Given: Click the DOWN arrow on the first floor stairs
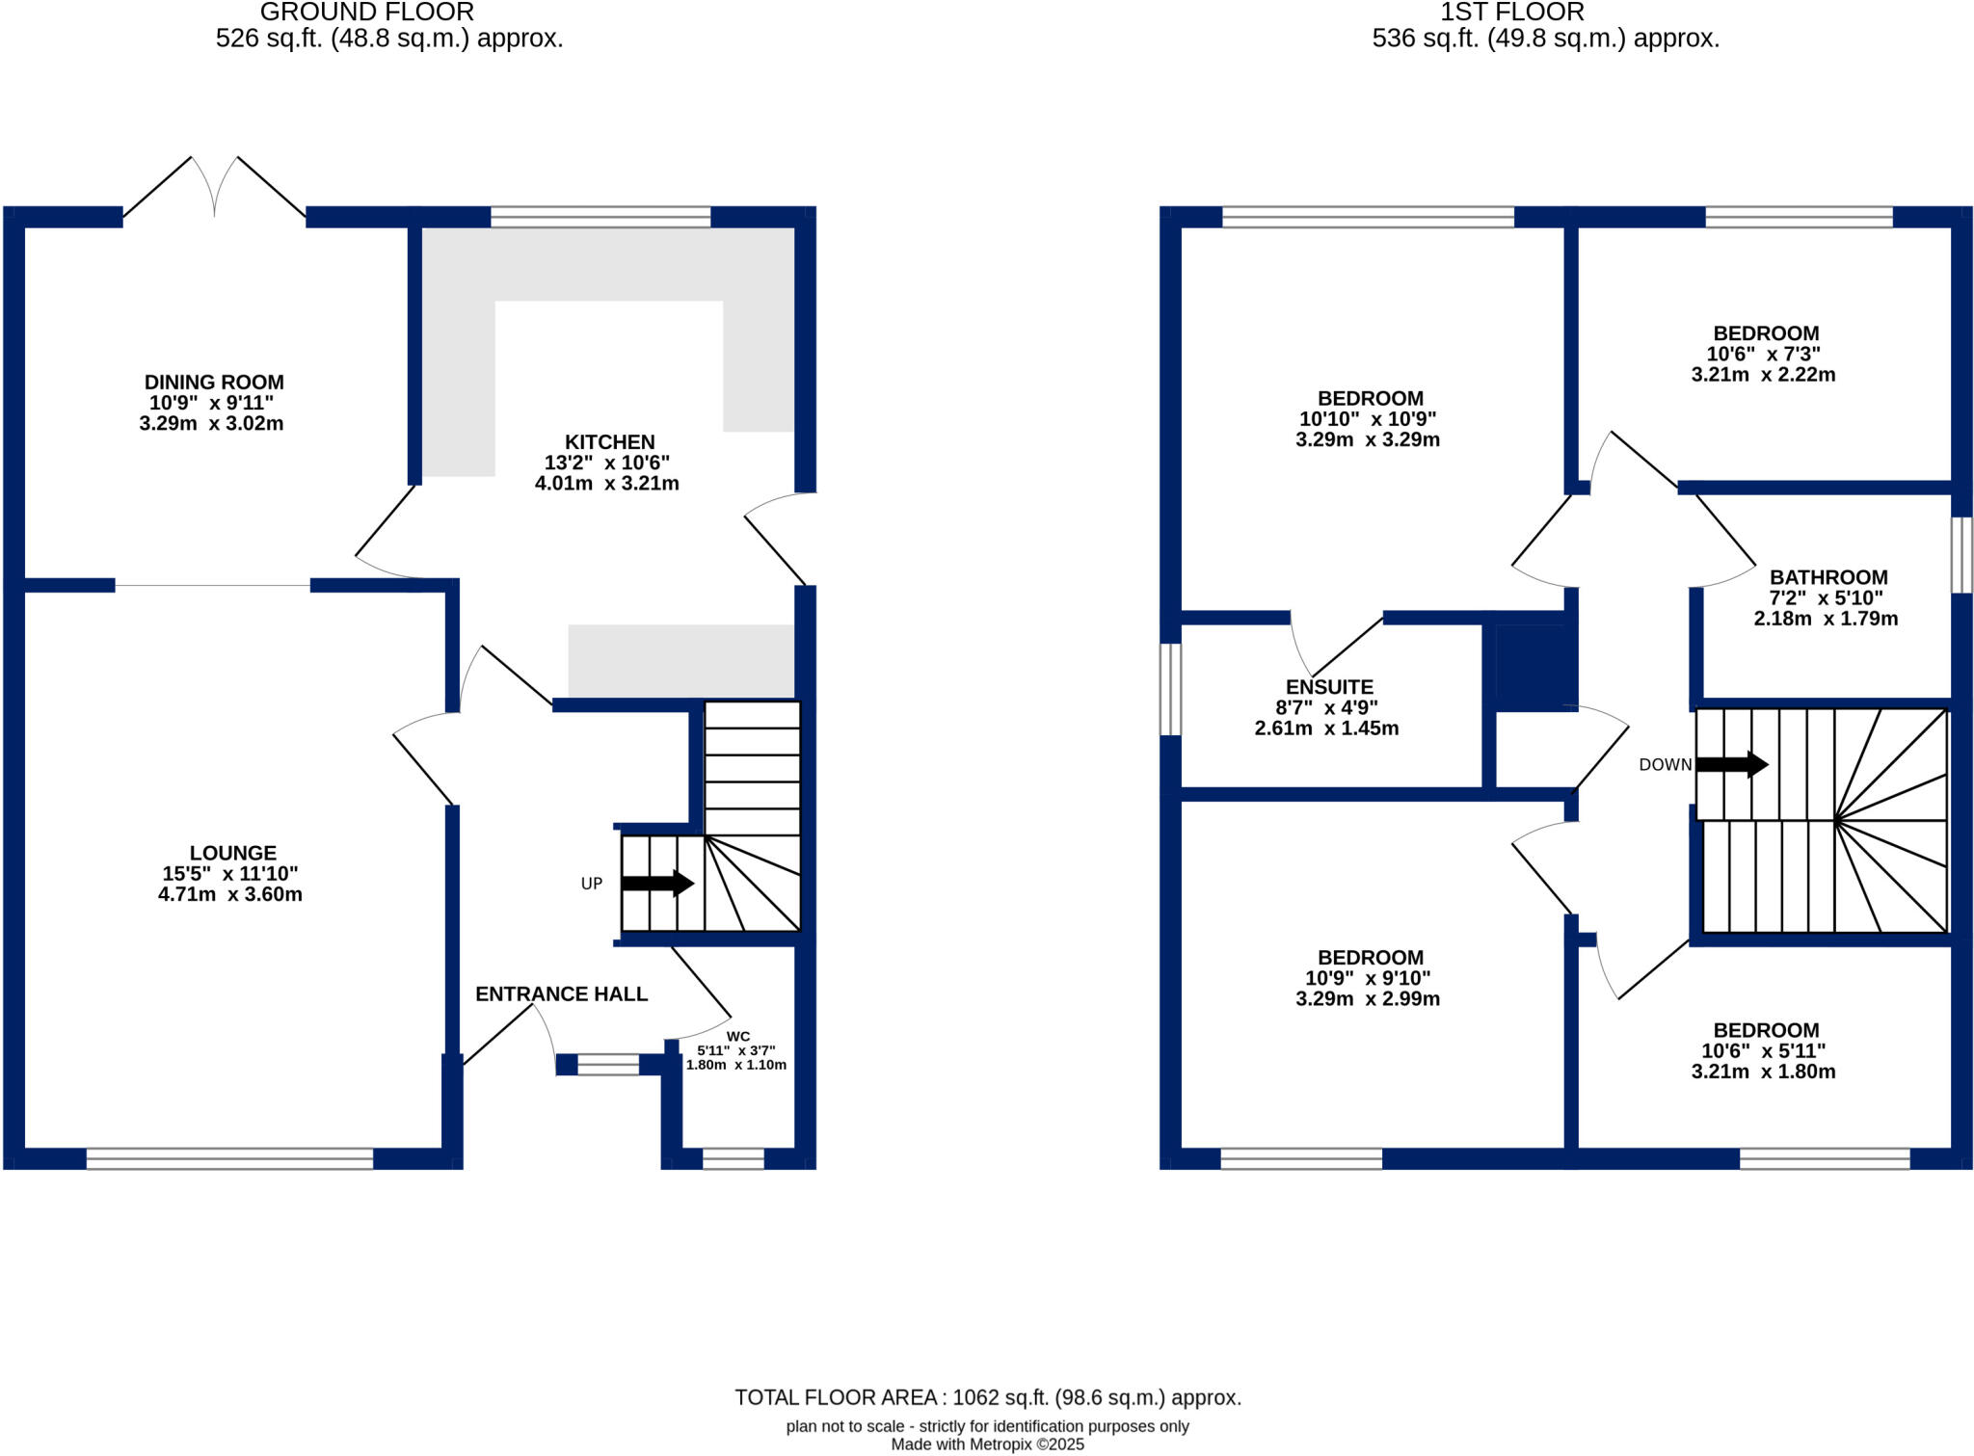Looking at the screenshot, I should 1731,764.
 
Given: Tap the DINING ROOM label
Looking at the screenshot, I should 214,383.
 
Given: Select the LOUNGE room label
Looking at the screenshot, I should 232,853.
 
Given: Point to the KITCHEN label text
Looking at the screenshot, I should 609,442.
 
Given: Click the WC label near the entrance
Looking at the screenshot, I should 737,1037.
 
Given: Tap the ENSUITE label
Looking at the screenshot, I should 1329,687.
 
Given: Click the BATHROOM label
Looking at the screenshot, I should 1827,577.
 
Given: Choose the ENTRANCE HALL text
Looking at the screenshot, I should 561,993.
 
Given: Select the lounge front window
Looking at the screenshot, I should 229,1158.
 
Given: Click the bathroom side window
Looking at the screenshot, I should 1961,554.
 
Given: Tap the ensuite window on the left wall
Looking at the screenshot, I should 1169,689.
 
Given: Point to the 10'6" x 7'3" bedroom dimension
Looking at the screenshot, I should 1763,354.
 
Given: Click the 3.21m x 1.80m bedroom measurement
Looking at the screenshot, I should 1763,1072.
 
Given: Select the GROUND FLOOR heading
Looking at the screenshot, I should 366,13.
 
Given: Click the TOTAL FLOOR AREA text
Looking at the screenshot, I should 987,1397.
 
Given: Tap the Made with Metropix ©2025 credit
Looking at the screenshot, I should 987,1444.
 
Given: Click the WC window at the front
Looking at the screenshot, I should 733,1158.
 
